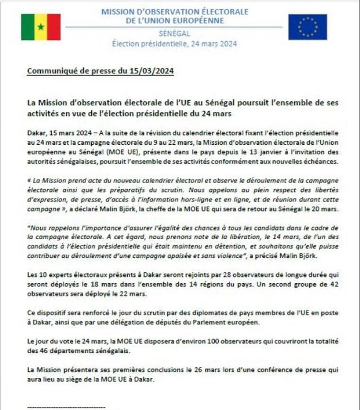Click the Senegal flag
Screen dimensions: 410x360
click(x=41, y=27)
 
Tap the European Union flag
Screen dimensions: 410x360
click(x=307, y=27)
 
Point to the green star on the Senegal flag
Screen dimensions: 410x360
click(x=41, y=27)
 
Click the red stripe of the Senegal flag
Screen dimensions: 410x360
click(x=54, y=27)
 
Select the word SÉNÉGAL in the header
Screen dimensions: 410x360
click(x=175, y=34)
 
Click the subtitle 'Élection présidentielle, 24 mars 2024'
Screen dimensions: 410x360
click(x=175, y=44)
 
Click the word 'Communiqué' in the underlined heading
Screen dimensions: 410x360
click(x=48, y=71)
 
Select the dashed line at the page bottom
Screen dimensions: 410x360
click(x=66, y=405)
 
